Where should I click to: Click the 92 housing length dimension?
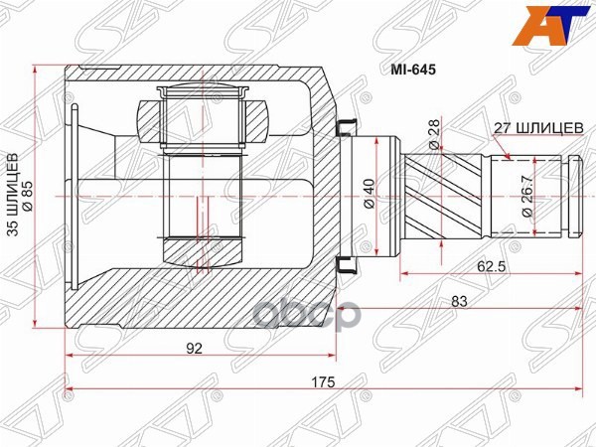(x=195, y=348)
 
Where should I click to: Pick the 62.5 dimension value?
(x=487, y=266)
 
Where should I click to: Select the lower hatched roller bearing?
(x=203, y=250)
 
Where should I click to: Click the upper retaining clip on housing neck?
(x=346, y=126)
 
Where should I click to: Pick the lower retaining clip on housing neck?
(x=346, y=264)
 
